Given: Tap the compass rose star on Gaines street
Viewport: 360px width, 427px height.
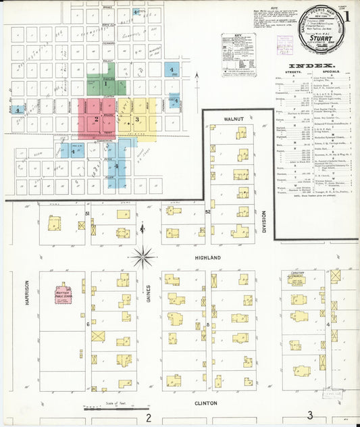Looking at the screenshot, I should (x=143, y=256).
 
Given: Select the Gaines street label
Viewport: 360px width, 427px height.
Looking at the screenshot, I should (x=147, y=291).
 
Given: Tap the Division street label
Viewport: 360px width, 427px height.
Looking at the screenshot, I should (x=265, y=224).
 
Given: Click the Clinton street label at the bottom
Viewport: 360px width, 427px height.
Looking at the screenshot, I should (x=206, y=403).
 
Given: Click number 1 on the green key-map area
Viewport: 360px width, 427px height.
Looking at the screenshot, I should (x=105, y=84).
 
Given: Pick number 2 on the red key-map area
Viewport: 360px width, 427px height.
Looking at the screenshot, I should (x=97, y=119).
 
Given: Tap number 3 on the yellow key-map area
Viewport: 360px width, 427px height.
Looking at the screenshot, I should (x=137, y=120).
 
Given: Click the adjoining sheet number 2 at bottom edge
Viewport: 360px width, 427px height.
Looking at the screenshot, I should (x=147, y=417).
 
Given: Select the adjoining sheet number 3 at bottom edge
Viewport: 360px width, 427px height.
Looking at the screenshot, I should (x=310, y=416).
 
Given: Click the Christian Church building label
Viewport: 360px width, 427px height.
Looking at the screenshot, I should (x=297, y=274).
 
